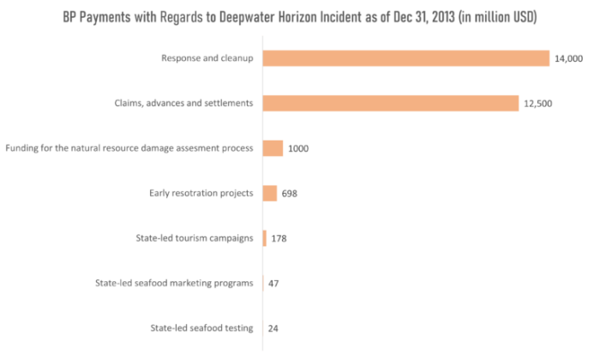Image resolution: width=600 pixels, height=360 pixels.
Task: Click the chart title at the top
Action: click(300, 17)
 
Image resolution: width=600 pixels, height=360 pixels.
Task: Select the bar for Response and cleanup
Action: click(406, 58)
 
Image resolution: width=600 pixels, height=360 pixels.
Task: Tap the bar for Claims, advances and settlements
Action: click(391, 103)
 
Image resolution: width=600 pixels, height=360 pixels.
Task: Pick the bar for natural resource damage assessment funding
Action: click(273, 148)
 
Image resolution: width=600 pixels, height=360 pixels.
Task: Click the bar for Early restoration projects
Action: click(270, 193)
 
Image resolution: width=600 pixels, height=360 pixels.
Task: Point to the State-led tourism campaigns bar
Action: click(265, 238)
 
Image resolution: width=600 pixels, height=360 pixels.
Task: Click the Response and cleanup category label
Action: click(207, 58)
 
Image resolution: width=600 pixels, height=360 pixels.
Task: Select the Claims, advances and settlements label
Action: click(184, 103)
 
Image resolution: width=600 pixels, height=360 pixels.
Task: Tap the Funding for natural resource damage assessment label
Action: click(129, 148)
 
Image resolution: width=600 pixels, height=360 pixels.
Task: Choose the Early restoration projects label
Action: click(201, 193)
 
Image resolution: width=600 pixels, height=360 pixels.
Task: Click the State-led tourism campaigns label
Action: click(195, 238)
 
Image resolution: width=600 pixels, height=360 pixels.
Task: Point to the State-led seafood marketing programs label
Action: click(175, 283)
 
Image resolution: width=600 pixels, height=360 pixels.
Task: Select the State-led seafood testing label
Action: click(202, 328)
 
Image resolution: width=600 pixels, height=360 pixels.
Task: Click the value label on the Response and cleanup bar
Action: click(568, 58)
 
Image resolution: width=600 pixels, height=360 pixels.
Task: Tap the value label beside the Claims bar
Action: click(537, 103)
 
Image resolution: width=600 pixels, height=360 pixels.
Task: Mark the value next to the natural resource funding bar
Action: click(298, 148)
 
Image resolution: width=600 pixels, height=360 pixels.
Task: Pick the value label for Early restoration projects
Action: click(290, 193)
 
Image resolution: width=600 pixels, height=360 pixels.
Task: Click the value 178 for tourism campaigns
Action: click(279, 238)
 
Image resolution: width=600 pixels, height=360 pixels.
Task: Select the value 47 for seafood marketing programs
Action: click(273, 283)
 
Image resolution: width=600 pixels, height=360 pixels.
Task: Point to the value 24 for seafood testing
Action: click(273, 328)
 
